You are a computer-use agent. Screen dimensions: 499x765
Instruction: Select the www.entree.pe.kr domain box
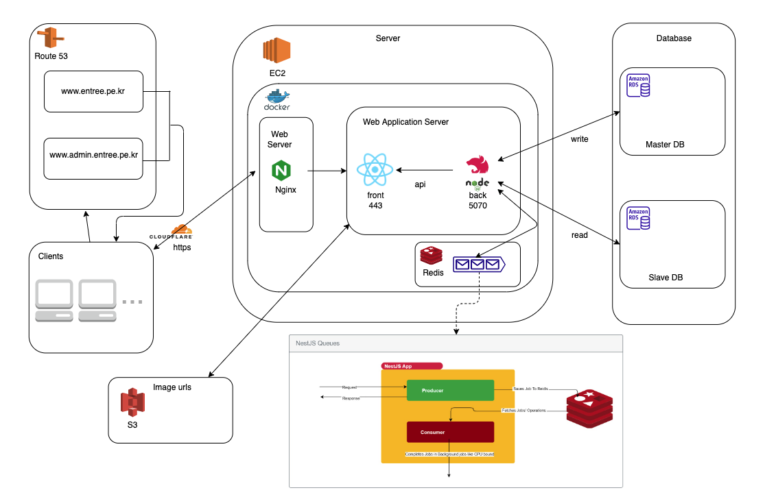[x=93, y=90]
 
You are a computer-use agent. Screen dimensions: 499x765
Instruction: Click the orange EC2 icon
[x=276, y=52]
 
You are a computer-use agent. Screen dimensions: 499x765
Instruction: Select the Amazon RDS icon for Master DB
[x=639, y=86]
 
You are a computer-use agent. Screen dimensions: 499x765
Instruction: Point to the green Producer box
[x=450, y=390]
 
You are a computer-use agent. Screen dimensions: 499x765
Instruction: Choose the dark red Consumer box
[x=450, y=432]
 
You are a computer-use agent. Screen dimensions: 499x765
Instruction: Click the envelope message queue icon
[x=478, y=264]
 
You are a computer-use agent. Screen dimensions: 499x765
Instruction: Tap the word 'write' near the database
[x=579, y=139]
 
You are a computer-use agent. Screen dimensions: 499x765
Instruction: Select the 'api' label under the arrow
[x=421, y=184]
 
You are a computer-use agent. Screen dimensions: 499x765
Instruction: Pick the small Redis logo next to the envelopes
[x=432, y=256]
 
